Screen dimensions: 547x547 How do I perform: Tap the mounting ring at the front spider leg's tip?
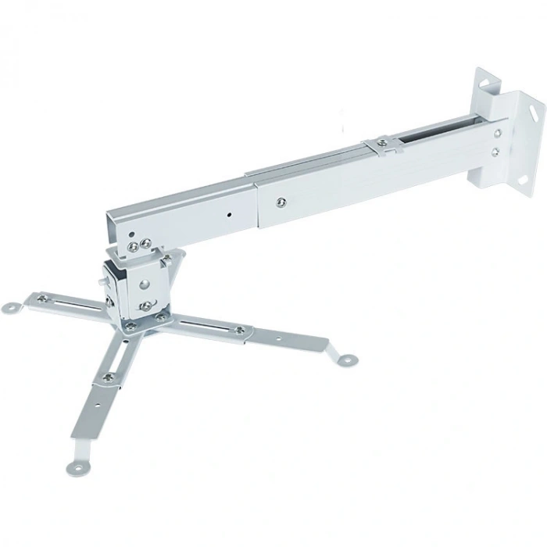77,467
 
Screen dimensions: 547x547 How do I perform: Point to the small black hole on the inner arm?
229,213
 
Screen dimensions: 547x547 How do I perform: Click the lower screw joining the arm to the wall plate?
495,152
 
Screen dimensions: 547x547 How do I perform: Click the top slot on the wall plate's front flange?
536,112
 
